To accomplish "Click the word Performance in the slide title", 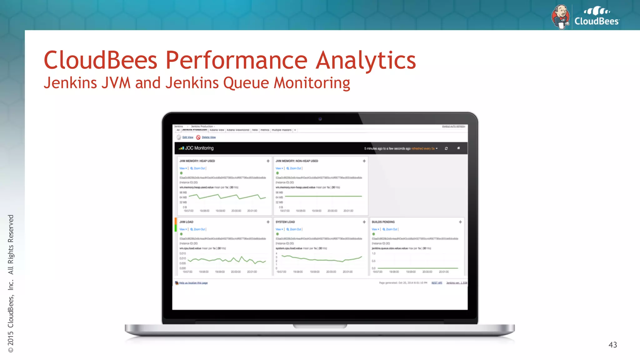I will pos(237,60).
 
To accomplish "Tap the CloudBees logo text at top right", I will pos(597,21).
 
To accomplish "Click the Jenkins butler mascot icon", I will pos(561,17).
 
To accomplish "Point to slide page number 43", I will pos(612,345).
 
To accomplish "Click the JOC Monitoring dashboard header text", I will pos(199,148).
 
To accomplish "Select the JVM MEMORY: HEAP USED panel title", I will pos(197,161).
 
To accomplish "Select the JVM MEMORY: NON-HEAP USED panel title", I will pos(297,161).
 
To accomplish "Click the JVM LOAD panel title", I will pos(186,222).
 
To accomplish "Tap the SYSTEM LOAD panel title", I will pos(285,222).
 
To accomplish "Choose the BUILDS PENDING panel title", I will pos(383,222).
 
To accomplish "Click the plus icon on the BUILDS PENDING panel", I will pos(460,222).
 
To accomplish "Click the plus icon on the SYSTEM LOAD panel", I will pos(364,222).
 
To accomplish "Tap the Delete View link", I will pos(209,137).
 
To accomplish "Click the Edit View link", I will pos(188,137).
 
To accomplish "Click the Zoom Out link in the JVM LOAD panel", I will pos(199,229).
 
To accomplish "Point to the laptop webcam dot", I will pos(320,119).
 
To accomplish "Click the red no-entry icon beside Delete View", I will pos(198,137).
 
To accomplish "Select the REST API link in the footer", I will pos(437,283).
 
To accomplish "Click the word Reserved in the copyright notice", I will pos(11,228).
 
